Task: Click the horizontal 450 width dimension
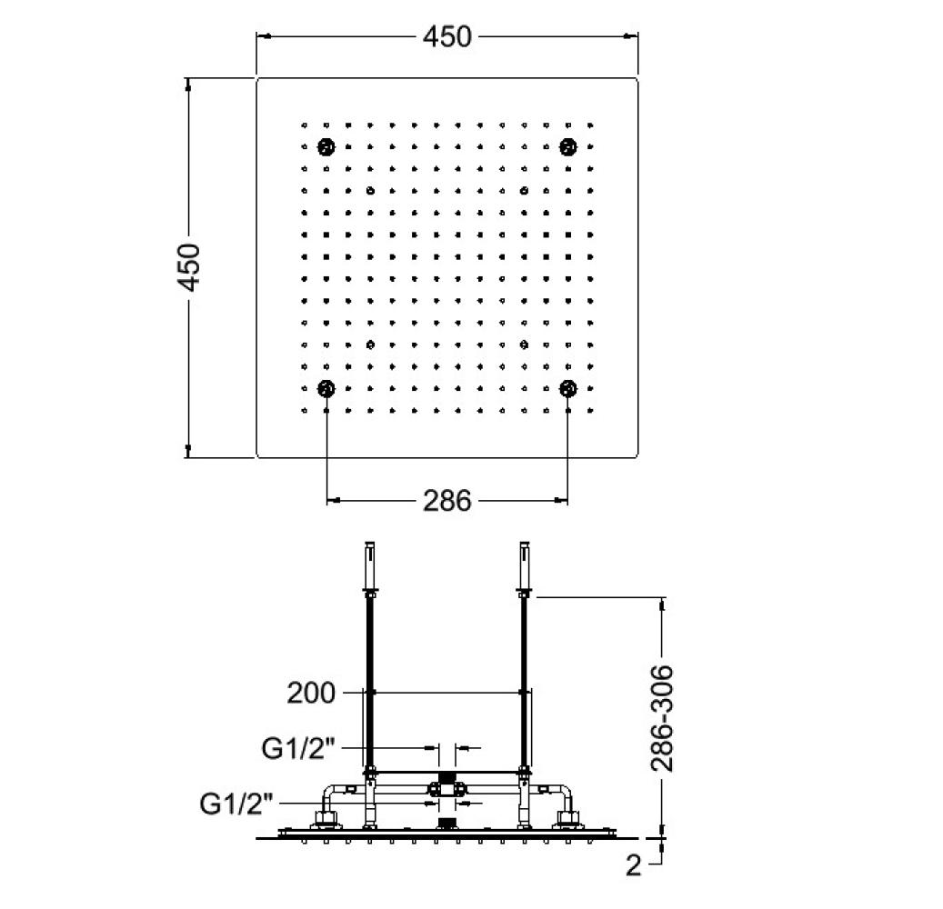tap(446, 36)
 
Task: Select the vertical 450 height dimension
tap(189, 267)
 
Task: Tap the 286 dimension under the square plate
tap(446, 500)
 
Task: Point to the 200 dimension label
tap(310, 693)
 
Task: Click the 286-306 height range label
tap(662, 718)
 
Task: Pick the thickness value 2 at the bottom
tap(633, 865)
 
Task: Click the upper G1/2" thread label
tap(297, 748)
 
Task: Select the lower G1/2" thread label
tap(236, 804)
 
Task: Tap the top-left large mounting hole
tap(326, 146)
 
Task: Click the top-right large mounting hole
tap(568, 146)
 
